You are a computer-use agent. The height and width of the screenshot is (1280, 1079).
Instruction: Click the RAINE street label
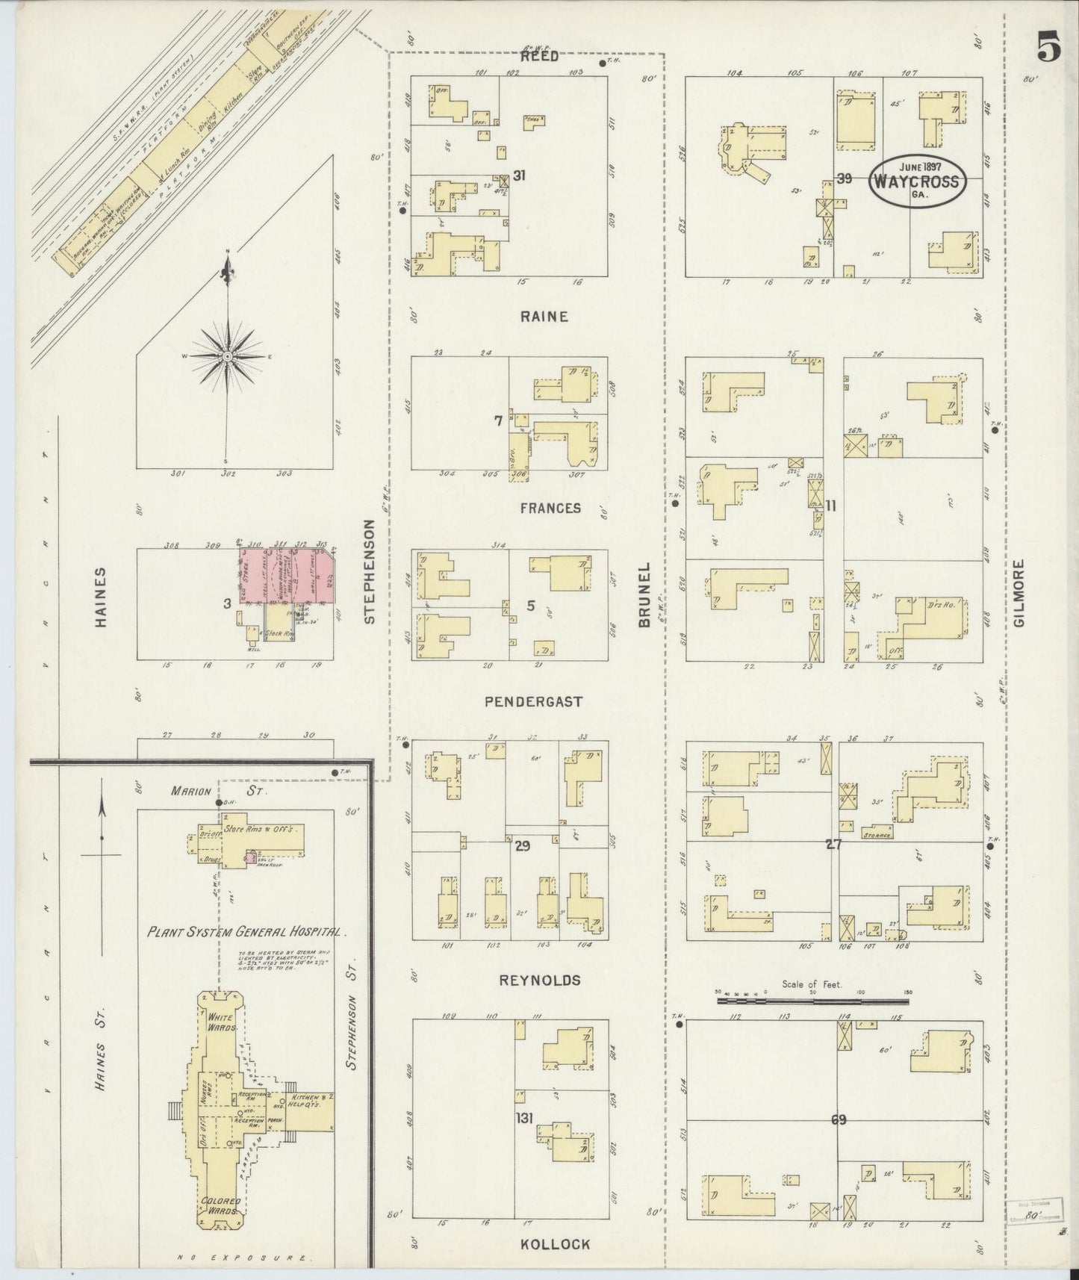coord(544,317)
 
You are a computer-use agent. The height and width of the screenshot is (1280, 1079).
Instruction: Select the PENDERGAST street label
coord(533,702)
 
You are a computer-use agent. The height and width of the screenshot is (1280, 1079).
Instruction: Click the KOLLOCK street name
coord(556,1243)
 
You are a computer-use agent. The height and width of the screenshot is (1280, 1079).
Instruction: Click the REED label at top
coord(539,57)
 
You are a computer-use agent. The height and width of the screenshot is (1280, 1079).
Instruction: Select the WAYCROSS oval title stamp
coord(918,181)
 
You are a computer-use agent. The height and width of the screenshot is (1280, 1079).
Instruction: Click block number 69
coord(838,1119)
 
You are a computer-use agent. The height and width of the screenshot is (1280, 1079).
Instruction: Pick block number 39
coord(845,178)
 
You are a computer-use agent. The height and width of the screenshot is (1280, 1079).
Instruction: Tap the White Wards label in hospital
coord(220,1022)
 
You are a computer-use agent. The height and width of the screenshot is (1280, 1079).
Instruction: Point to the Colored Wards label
coord(219,1205)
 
